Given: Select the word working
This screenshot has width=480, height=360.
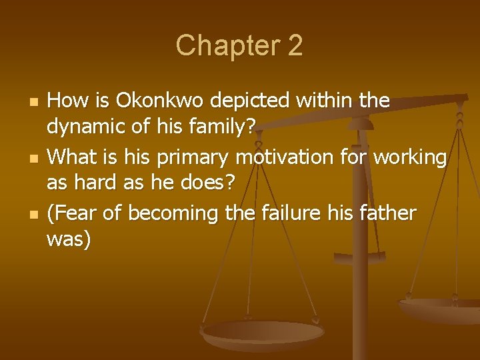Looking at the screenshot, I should [x=409, y=157].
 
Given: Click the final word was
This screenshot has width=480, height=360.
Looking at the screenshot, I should [x=69, y=239].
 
